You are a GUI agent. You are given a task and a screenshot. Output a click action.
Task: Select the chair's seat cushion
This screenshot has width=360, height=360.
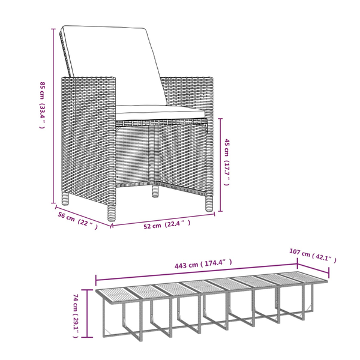[x=160, y=113]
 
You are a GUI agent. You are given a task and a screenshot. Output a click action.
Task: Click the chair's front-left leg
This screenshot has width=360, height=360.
[x=112, y=212]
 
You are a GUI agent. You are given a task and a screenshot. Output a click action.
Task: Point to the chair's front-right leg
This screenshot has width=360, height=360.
[x=209, y=204]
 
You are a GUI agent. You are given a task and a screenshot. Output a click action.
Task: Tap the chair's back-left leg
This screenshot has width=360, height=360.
[x=65, y=198]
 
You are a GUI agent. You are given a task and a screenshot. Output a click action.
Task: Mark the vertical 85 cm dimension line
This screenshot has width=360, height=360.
[x=53, y=116]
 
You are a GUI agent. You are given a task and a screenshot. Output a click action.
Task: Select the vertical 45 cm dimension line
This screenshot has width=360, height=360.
[x=220, y=165]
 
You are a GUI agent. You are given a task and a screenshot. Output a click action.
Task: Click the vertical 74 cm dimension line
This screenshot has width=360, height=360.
[x=87, y=313]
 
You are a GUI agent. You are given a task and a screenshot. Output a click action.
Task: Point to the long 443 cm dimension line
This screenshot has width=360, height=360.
[x=197, y=272]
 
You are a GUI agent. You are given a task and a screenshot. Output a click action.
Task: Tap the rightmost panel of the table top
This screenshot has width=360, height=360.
[x=302, y=277]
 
